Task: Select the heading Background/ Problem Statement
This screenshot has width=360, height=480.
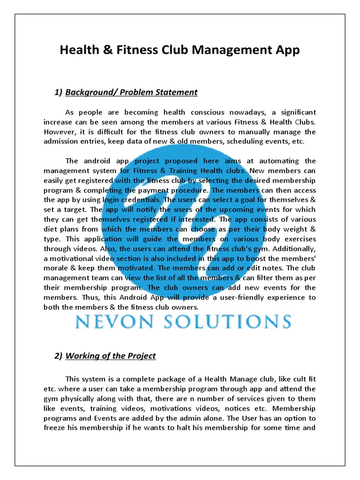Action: pyautogui.click(x=131, y=92)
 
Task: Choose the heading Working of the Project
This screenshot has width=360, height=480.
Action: pyautogui.click(x=111, y=356)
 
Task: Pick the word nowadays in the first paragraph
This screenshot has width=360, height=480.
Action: pyautogui.click(x=243, y=112)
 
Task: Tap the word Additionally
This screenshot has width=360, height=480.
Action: pyautogui.click(x=293, y=249)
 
